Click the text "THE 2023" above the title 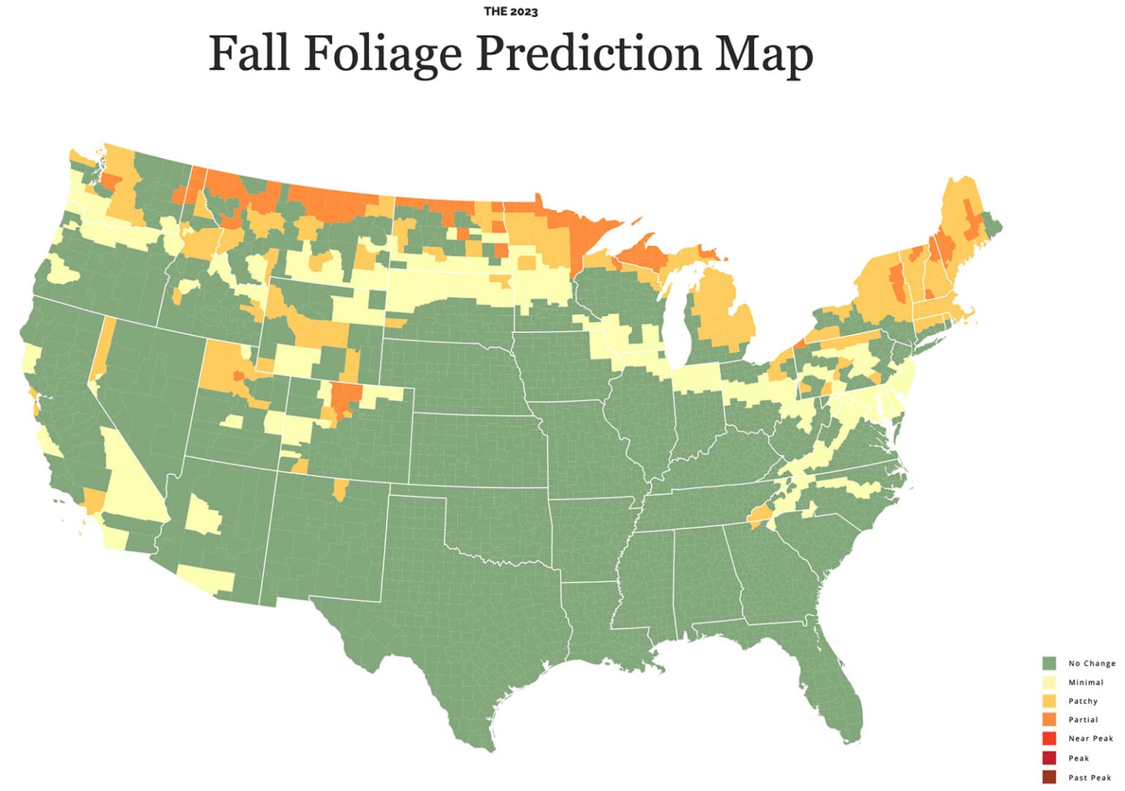coord(510,12)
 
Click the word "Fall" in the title coord(248,54)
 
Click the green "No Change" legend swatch coord(1049,663)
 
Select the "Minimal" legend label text coord(1085,682)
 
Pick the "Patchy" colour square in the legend coord(1049,701)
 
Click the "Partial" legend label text coord(1083,720)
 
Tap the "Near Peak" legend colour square coord(1049,738)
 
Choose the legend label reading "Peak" coord(1078,758)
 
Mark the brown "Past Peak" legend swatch coord(1049,777)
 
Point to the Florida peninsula coord(835,688)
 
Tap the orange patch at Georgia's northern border coord(759,517)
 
